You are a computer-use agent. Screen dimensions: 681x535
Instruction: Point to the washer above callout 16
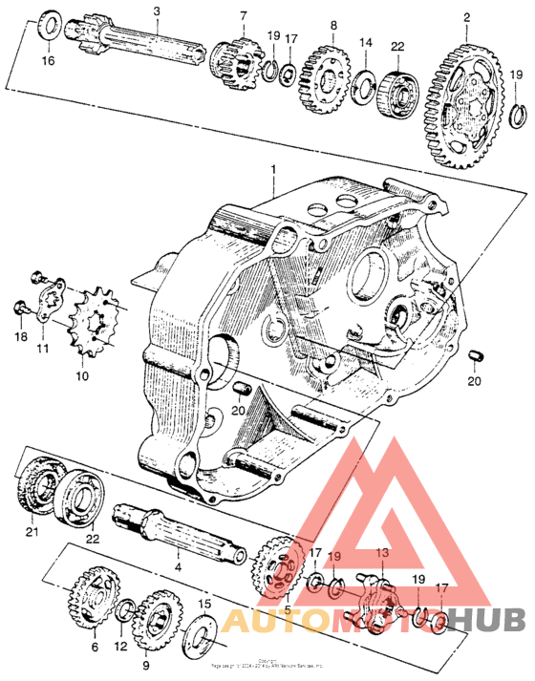click(x=49, y=27)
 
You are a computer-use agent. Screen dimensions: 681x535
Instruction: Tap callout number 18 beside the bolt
click(x=21, y=337)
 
